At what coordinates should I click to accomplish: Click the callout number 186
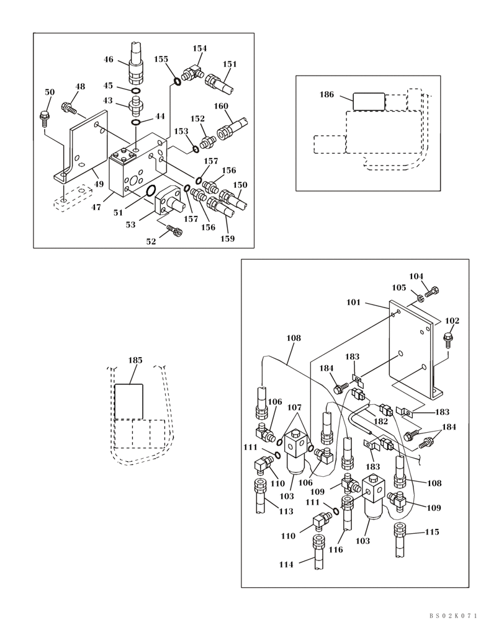(326, 95)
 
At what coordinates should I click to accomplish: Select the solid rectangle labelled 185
(129, 401)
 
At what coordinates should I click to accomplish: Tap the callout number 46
(109, 60)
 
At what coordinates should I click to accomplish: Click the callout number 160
(222, 106)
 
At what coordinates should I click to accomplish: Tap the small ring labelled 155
(177, 81)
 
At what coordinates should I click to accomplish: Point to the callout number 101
(353, 303)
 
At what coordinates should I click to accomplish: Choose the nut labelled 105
(420, 298)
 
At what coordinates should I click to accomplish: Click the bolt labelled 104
(433, 291)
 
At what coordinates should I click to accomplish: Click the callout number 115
(432, 532)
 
